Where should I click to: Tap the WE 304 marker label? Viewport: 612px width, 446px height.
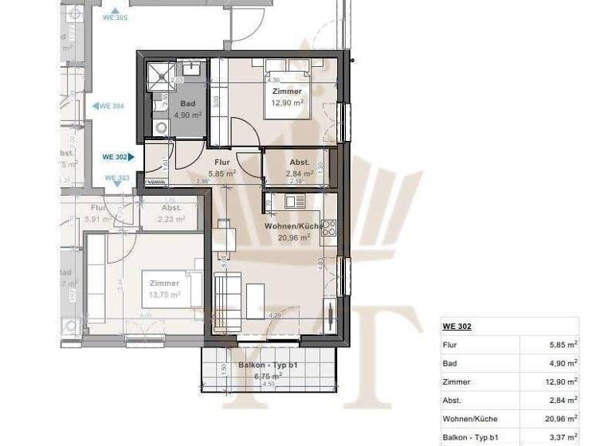tap(111, 106)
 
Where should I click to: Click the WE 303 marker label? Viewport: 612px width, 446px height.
tap(117, 178)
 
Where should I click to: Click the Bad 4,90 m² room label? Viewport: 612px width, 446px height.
tap(187, 109)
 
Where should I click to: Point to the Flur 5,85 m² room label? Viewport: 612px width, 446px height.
tap(222, 167)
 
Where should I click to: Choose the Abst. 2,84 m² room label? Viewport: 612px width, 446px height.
tap(300, 167)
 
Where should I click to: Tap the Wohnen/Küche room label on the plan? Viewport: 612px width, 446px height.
tap(292, 232)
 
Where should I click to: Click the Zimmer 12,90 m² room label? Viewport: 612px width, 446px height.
tap(286, 97)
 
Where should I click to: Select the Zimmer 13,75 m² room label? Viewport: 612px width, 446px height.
tap(164, 288)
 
